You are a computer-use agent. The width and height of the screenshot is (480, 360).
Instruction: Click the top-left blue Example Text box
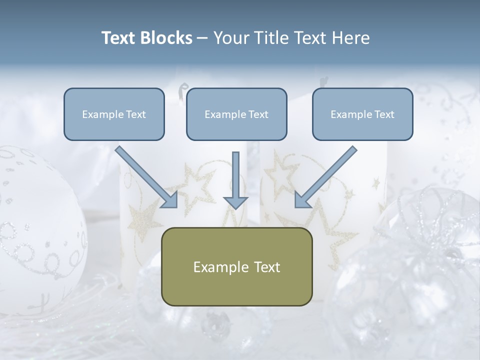(x=114, y=114)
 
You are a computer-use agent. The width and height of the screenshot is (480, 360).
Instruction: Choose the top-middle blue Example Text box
(x=236, y=114)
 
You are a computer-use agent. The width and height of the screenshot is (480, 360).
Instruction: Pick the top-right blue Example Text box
(x=362, y=114)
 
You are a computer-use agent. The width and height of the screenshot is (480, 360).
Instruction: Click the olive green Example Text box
(x=236, y=266)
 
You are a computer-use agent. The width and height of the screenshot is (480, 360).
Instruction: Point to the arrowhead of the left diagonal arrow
(x=170, y=200)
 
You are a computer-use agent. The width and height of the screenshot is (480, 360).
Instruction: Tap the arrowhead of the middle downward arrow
(x=235, y=202)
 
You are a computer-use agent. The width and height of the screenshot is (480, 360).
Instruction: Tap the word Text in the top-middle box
(x=258, y=114)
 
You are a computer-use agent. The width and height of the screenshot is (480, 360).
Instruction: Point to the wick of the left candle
(x=181, y=90)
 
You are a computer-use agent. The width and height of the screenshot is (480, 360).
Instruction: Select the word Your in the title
(x=229, y=38)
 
